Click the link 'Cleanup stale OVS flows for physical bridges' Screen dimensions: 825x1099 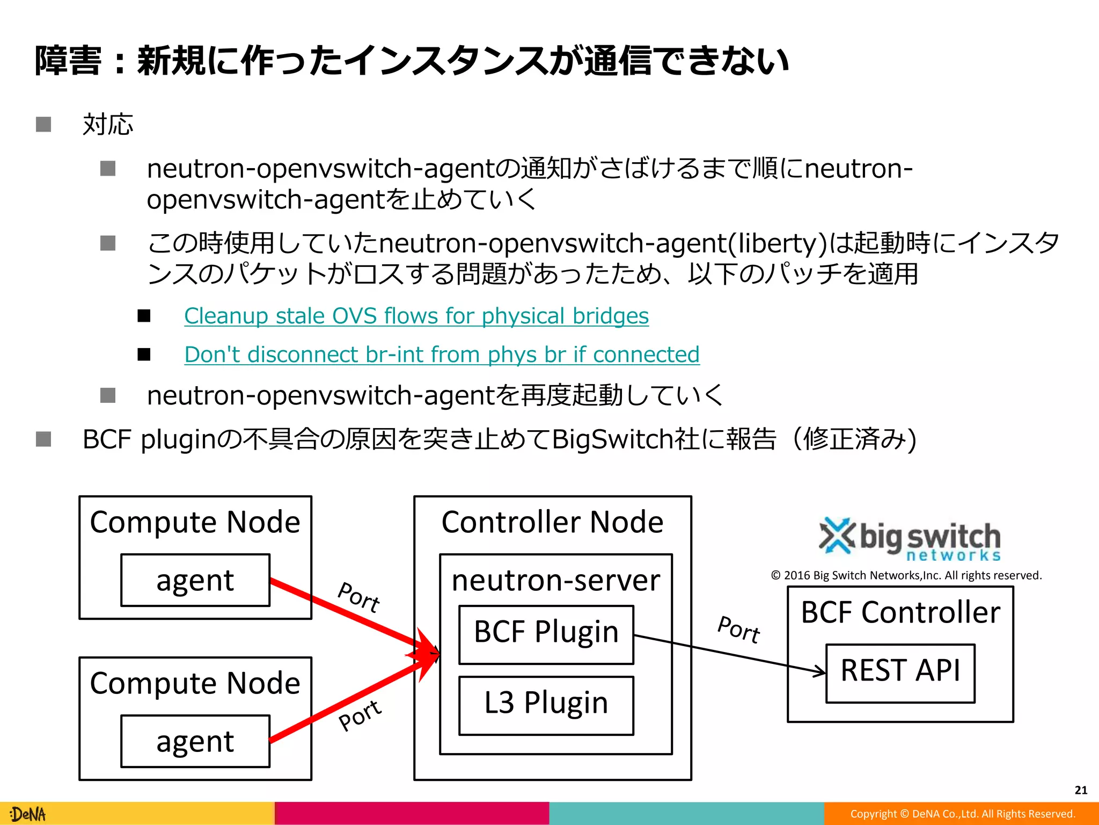[416, 316]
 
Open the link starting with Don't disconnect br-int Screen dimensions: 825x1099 [442, 354]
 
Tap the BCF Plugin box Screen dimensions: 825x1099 [546, 634]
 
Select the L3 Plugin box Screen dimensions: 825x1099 [546, 705]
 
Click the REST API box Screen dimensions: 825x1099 [900, 672]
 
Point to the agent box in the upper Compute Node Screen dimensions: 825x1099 [195, 580]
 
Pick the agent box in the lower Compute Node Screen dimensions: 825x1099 [195, 741]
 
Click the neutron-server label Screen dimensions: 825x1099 [556, 580]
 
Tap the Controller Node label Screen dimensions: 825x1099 [552, 522]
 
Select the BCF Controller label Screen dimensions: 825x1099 [900, 612]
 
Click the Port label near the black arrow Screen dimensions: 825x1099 [739, 629]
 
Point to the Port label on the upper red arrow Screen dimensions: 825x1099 [359, 597]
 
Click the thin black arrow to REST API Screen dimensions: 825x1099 [730, 654]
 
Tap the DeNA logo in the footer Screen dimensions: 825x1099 [28, 814]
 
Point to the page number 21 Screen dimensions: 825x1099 [1081, 790]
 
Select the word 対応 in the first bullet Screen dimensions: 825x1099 [108, 125]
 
